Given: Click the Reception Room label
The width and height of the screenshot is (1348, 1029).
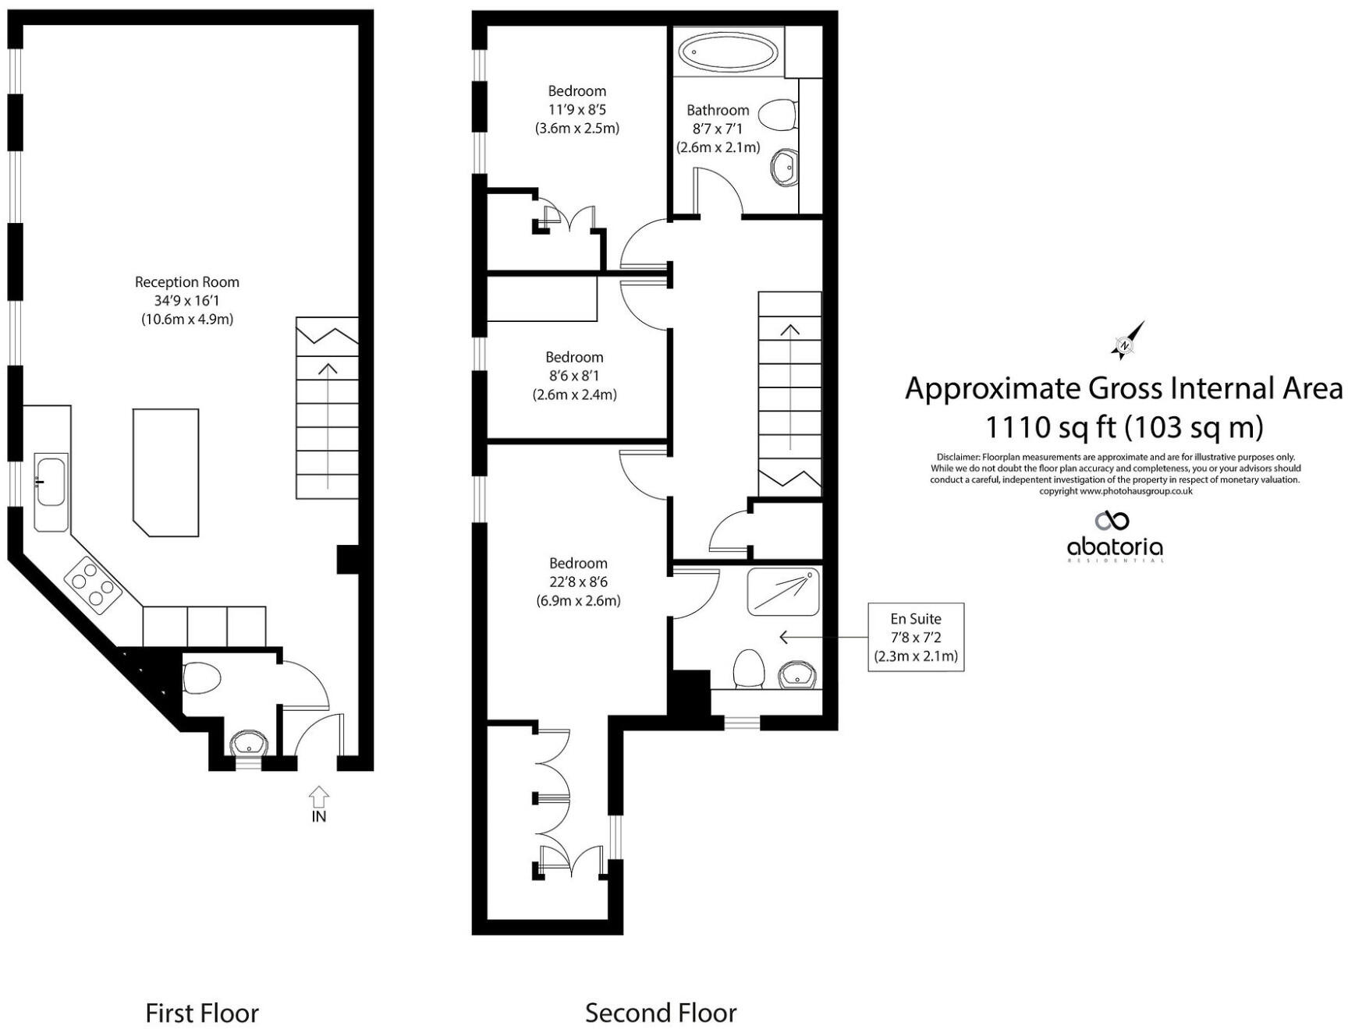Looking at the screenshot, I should (x=186, y=282).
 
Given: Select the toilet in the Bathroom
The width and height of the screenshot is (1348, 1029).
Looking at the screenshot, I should (x=777, y=115).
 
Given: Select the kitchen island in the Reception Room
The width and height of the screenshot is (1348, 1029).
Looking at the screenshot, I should (x=165, y=472).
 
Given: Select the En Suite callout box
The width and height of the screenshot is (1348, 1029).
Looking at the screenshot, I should (x=916, y=637).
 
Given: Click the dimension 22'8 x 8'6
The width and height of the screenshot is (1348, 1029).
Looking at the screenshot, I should (x=577, y=582).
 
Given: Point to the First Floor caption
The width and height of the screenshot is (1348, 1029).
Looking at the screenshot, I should (x=201, y=1013).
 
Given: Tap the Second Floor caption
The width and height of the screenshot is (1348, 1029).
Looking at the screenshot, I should (x=660, y=1013).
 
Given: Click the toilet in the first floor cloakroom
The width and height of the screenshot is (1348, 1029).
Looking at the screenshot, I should (x=202, y=677).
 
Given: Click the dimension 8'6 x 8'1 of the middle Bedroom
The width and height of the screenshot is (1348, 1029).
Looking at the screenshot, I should (x=574, y=376).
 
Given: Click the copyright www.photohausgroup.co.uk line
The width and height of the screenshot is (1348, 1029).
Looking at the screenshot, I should (x=1116, y=491).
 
